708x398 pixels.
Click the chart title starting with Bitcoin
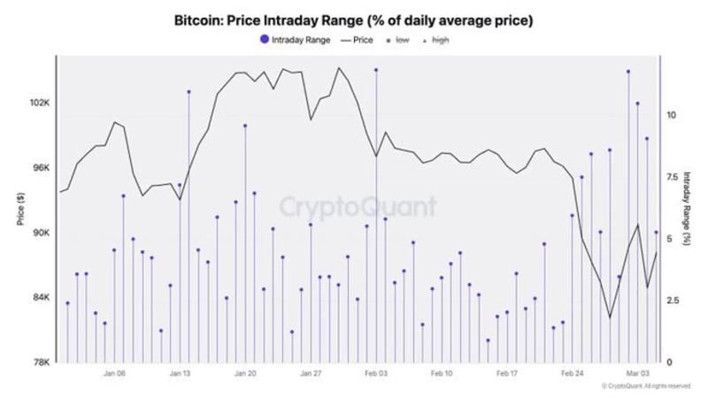click(354, 18)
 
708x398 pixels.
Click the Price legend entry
click(357, 40)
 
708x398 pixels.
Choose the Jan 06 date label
click(114, 374)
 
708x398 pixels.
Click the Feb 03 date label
click(376, 374)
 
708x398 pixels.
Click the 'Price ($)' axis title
click(19, 210)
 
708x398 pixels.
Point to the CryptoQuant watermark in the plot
click(358, 207)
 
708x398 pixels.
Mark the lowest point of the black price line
click(609, 318)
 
